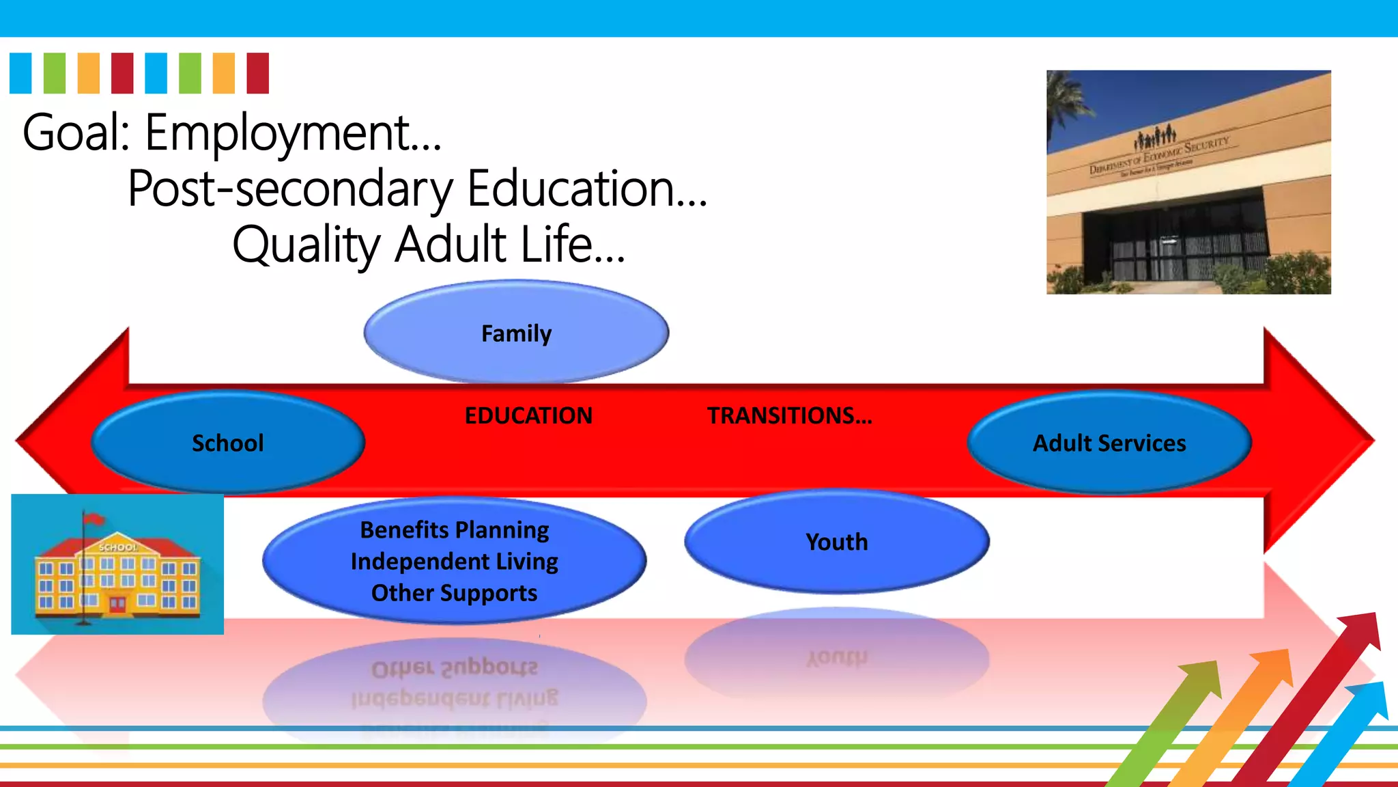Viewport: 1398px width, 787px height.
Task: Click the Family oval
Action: point(516,333)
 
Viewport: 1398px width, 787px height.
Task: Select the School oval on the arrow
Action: point(227,443)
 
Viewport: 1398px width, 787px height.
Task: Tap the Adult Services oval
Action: point(1109,443)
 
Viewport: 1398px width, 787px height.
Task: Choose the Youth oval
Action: point(836,542)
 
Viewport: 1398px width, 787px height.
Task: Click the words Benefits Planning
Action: point(455,530)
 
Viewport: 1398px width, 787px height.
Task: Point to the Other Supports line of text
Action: point(455,593)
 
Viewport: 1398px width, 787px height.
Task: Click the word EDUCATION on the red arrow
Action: point(528,415)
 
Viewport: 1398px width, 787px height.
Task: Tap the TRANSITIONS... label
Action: point(789,415)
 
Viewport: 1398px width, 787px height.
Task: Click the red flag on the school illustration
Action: point(94,520)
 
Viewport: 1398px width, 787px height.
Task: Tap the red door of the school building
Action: point(117,604)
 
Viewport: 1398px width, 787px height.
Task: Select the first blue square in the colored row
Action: point(20,73)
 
